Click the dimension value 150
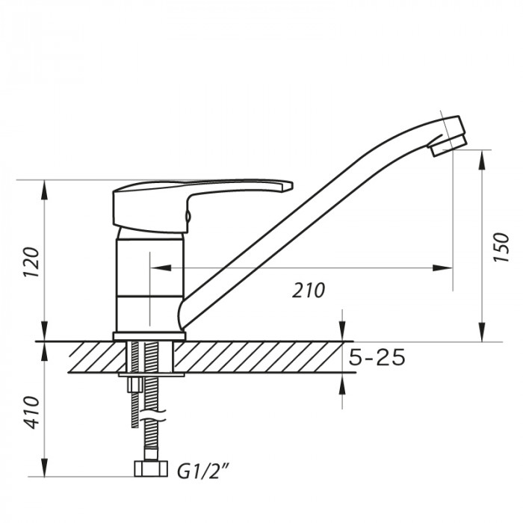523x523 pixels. (x=501, y=247)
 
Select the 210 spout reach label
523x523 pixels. (x=309, y=290)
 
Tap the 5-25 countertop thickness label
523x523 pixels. (x=378, y=358)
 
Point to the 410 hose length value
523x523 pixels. (x=31, y=412)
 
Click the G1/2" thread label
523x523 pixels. (x=202, y=471)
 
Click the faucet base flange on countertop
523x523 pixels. (x=148, y=336)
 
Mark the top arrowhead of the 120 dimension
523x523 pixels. (x=46, y=188)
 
